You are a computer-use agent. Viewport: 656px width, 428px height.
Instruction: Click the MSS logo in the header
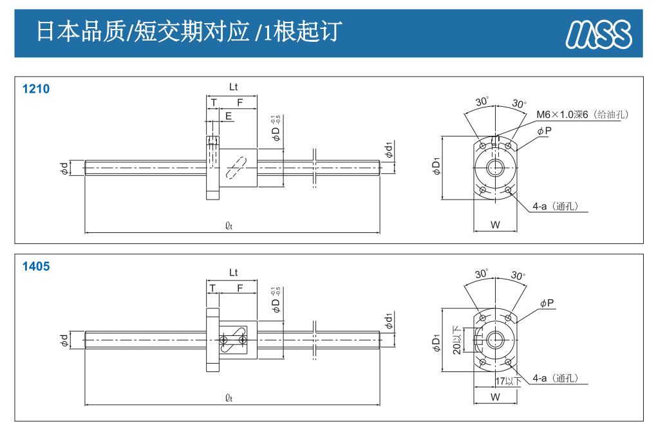(598, 33)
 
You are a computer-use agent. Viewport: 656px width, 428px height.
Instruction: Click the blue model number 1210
(35, 89)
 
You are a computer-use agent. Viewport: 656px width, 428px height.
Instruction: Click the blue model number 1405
(35, 266)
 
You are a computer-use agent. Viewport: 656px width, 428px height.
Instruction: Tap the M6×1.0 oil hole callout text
(583, 115)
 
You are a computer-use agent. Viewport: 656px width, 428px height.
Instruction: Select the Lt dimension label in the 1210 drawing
(233, 87)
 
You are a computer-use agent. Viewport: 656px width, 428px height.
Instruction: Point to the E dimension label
(229, 116)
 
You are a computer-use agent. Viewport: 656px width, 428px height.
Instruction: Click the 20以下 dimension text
(457, 340)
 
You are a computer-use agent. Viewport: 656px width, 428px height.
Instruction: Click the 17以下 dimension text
(512, 381)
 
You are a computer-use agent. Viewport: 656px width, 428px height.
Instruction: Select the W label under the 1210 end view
(495, 225)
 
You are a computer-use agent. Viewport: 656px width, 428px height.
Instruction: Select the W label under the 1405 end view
(495, 397)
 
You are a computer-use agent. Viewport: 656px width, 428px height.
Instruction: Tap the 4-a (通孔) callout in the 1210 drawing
(556, 207)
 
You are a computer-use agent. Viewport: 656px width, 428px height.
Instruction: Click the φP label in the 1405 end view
(547, 303)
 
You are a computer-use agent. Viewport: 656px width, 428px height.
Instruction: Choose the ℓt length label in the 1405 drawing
(229, 398)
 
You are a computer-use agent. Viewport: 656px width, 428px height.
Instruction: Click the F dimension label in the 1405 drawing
(239, 288)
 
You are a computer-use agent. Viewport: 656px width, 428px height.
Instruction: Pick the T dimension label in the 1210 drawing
(213, 102)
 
